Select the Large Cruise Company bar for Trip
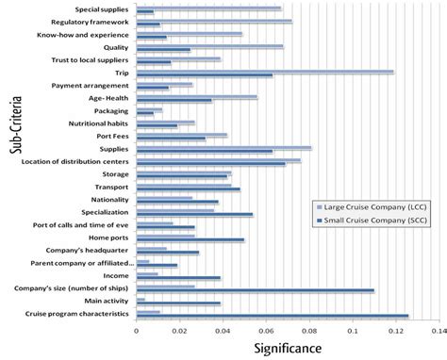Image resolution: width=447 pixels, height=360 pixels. coord(265,71)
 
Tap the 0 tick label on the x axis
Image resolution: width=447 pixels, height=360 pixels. coord(137,331)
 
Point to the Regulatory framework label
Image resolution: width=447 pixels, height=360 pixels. coord(92,22)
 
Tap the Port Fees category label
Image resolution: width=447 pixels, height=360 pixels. coord(112,136)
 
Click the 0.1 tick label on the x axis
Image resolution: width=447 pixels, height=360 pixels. coord(353,331)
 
